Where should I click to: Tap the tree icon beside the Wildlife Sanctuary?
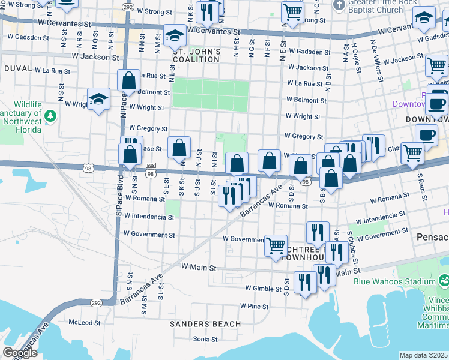point(52,115)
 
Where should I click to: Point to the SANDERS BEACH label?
point(205,324)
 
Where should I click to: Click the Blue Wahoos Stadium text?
point(394,281)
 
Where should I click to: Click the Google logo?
point(20,353)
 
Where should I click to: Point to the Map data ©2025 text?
point(423,355)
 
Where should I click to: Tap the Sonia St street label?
point(204,339)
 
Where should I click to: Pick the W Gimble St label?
point(264,289)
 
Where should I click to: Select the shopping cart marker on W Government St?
point(276,245)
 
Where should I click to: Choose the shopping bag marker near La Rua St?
point(129,81)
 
